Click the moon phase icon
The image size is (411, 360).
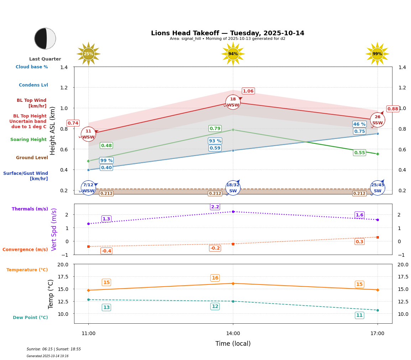click(45, 38)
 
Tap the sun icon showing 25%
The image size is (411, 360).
click(88, 54)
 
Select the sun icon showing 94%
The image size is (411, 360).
click(233, 54)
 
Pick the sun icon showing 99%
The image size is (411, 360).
click(377, 54)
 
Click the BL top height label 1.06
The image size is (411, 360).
click(248, 91)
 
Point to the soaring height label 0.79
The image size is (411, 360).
click(215, 129)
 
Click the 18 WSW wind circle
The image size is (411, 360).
click(233, 102)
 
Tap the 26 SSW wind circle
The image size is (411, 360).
click(377, 120)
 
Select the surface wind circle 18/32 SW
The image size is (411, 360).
click(233, 188)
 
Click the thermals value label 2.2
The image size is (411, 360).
click(215, 207)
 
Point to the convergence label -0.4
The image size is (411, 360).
click(106, 251)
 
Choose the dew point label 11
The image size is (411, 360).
click(359, 315)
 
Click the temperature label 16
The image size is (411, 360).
click(215, 278)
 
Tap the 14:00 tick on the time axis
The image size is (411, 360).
click(233, 334)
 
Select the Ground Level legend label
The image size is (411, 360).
click(32, 158)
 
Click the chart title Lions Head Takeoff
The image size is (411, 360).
click(228, 33)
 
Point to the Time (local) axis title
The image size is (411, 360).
click(233, 344)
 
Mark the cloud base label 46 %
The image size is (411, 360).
click(359, 124)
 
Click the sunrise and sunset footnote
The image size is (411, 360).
click(54, 349)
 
